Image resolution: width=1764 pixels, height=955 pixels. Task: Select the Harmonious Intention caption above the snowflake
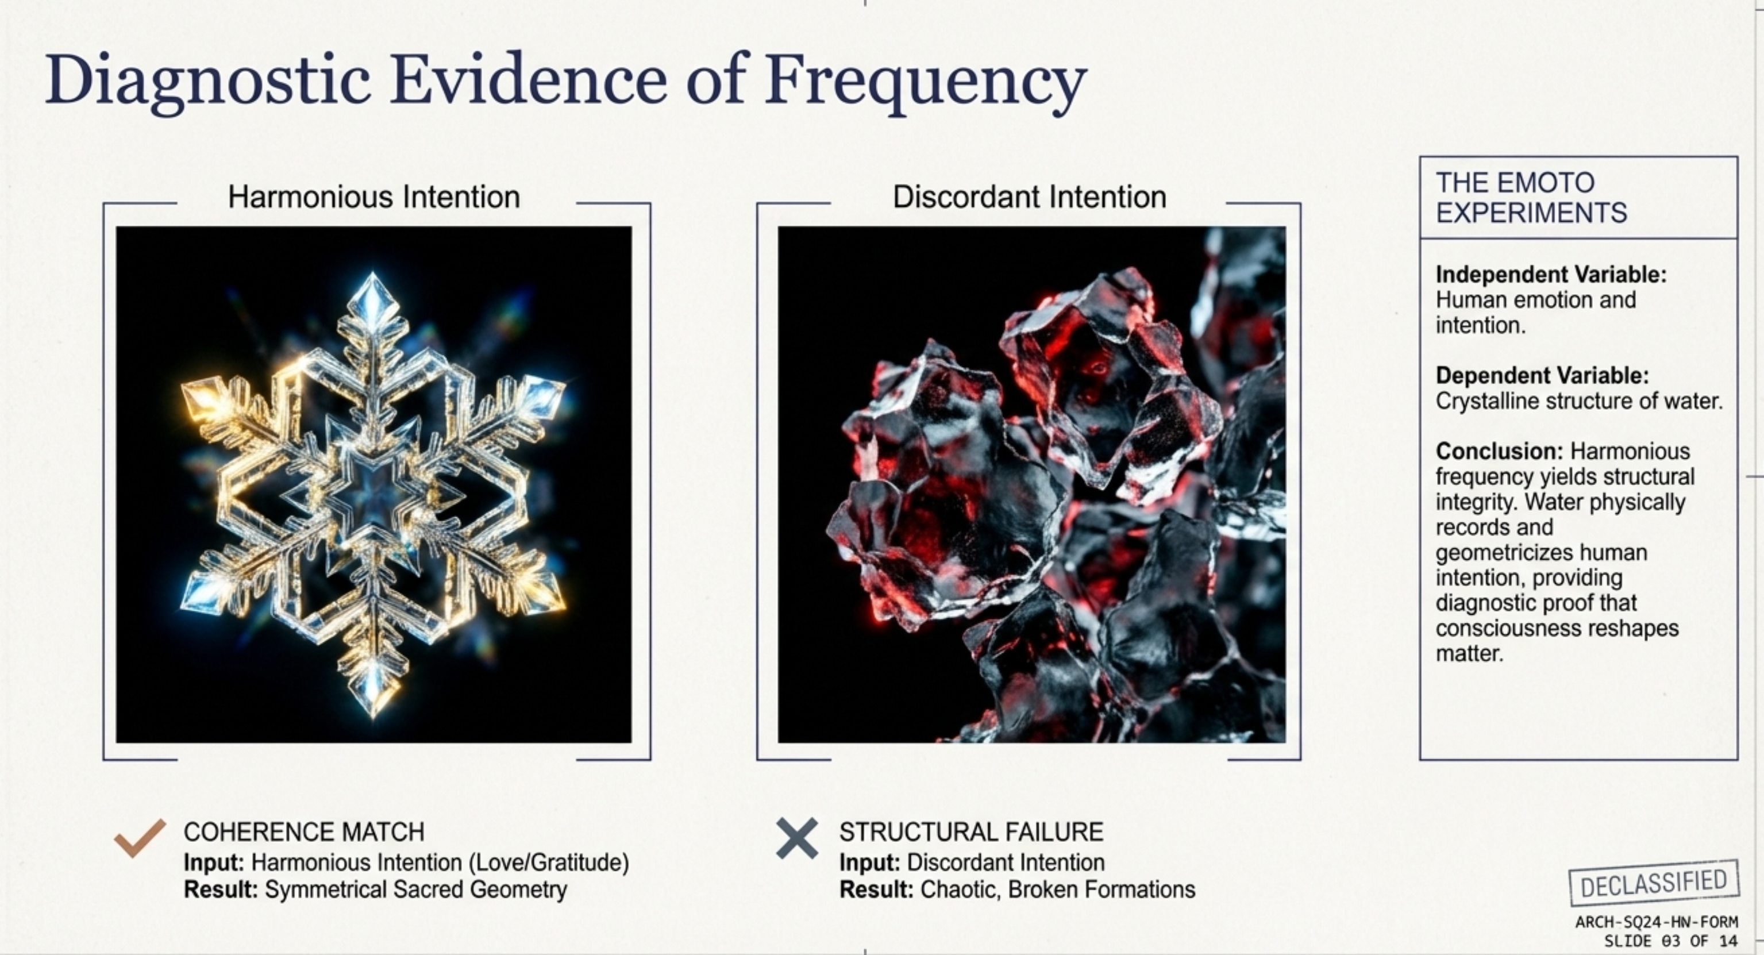coord(374,197)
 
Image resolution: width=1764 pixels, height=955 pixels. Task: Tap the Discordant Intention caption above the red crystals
coord(1029,197)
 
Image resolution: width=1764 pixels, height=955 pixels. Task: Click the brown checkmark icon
coord(140,837)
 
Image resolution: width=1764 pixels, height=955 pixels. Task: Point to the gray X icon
coord(797,838)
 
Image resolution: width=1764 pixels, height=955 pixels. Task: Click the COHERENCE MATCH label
coord(304,832)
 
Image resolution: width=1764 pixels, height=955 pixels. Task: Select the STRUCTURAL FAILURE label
coord(971,832)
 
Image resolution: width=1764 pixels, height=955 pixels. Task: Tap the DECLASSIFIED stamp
coord(1654,883)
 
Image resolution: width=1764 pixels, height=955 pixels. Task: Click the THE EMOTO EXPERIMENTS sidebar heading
coord(1531,198)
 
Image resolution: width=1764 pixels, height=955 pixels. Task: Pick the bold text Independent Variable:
coord(1551,275)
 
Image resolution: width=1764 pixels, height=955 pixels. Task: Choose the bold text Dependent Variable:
coord(1542,375)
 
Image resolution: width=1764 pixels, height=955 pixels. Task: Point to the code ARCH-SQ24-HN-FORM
coord(1657,922)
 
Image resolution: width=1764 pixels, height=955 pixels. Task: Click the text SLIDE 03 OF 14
coord(1671,941)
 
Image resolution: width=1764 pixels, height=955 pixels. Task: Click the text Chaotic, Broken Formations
coord(1057,889)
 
